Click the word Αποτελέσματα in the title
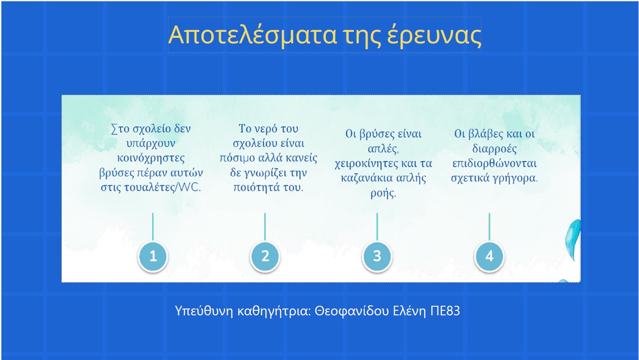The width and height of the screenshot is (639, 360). tap(253, 35)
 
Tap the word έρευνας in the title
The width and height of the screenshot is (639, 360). tap(435, 35)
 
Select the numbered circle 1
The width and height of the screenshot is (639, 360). tap(153, 257)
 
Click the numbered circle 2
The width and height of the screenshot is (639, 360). tap(265, 257)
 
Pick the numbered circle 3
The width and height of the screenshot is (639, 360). tap(377, 257)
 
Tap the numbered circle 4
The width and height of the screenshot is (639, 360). tap(490, 257)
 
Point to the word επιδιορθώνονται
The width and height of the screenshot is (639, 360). tap(495, 164)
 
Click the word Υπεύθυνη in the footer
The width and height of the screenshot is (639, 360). tap(204, 311)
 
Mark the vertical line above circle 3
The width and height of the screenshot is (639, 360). tap(377, 227)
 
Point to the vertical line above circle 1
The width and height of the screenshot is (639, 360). tap(153, 227)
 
